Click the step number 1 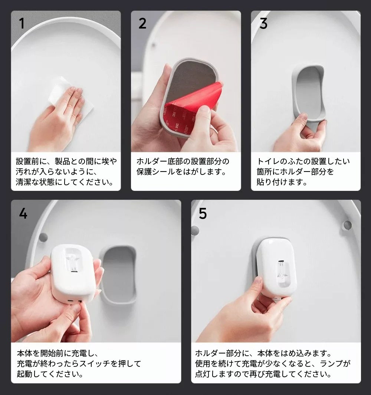pyautogui.click(x=22, y=23)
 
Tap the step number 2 pyautogui.click(x=142, y=23)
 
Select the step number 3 pyautogui.click(x=263, y=24)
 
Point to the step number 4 pyautogui.click(x=23, y=214)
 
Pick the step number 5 pyautogui.click(x=203, y=214)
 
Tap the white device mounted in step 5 pyautogui.click(x=276, y=267)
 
